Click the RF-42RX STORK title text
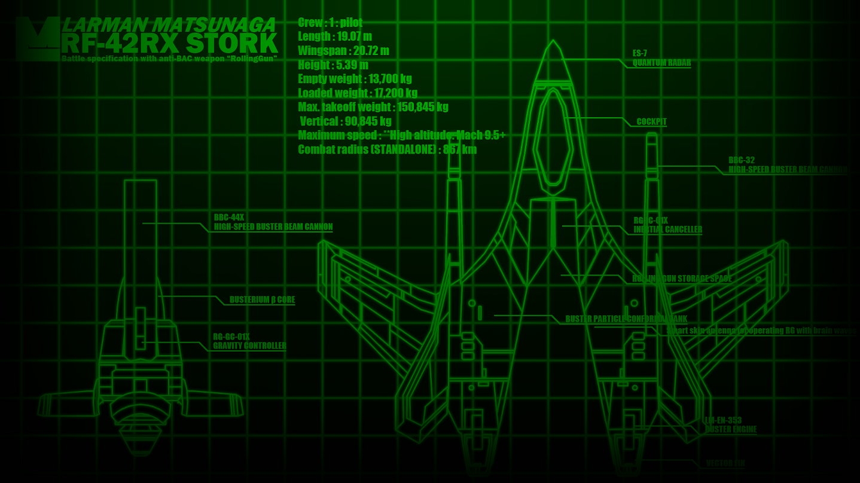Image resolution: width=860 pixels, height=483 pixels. [x=169, y=44]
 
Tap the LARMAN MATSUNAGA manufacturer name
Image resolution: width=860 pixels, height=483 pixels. [x=169, y=25]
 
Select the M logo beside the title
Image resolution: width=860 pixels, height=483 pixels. [x=37, y=38]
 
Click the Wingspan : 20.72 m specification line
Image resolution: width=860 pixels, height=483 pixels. [x=343, y=50]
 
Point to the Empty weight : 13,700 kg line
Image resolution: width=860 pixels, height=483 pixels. [x=355, y=78]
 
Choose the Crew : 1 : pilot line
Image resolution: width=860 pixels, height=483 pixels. [x=330, y=22]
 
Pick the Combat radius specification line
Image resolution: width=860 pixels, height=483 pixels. [x=387, y=149]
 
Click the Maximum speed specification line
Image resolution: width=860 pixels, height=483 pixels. [x=401, y=135]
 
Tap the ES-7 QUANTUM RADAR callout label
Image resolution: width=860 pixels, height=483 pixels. [x=661, y=58]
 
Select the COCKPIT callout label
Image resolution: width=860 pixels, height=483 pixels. [x=651, y=122]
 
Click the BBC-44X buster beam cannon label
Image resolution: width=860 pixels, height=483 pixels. [x=273, y=222]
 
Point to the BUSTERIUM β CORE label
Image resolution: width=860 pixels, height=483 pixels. [x=262, y=299]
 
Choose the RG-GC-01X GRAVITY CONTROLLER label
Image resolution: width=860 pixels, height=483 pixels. [x=249, y=341]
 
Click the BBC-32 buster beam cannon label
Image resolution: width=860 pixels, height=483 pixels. [x=787, y=165]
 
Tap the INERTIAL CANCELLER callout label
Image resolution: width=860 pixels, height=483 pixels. [x=667, y=225]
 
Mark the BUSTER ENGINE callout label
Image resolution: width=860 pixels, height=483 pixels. [x=730, y=425]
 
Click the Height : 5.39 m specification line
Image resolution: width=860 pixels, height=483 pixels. [x=333, y=65]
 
